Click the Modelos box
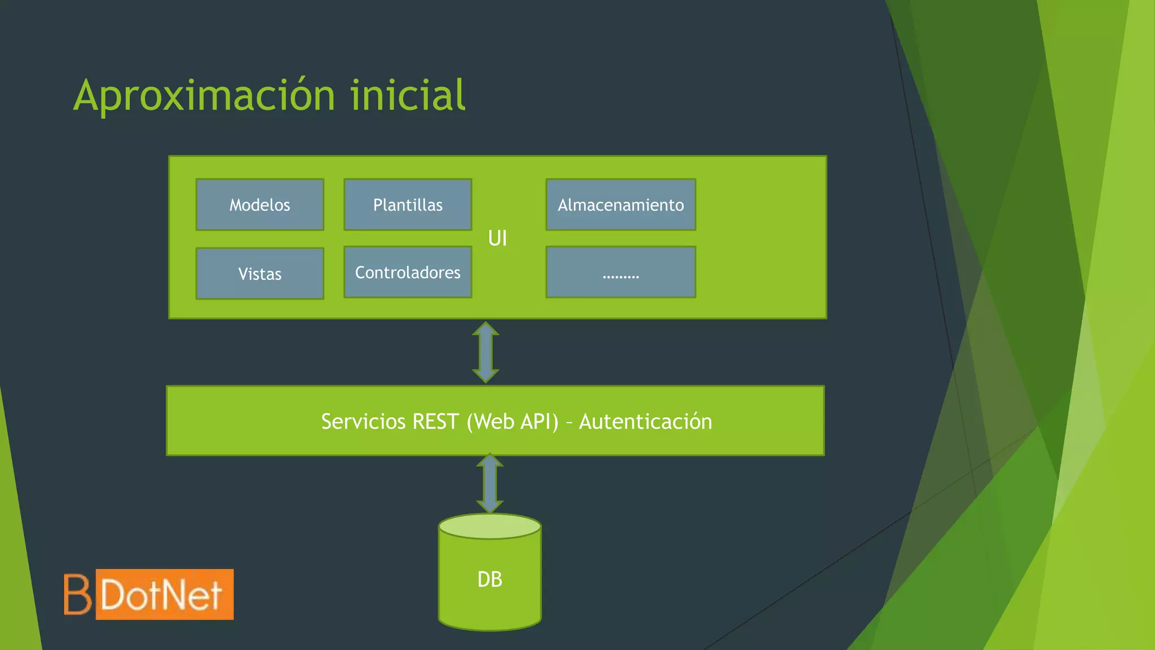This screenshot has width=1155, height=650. [x=259, y=204]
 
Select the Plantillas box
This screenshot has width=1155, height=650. [x=408, y=204]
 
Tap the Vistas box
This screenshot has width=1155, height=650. [x=259, y=274]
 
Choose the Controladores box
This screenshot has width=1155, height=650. [x=408, y=272]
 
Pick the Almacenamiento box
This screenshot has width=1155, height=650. [x=620, y=204]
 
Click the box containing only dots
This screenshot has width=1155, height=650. [x=620, y=272]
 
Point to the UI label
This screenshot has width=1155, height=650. [x=497, y=238]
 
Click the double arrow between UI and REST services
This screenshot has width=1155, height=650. [x=486, y=352]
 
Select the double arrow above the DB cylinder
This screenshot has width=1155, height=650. [x=490, y=484]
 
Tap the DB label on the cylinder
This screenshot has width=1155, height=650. [x=490, y=579]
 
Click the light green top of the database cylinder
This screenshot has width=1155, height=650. [x=490, y=526]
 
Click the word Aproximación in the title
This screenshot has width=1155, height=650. [x=205, y=96]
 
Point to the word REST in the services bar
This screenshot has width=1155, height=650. [x=435, y=421]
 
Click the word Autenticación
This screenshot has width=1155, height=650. [x=645, y=421]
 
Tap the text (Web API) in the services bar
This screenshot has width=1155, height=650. [x=512, y=421]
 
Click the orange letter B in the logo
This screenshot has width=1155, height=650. [x=77, y=594]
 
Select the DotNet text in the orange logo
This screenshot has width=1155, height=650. [x=162, y=595]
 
